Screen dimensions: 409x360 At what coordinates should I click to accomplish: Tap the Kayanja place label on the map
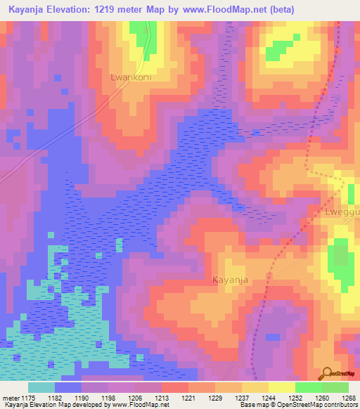point(231,280)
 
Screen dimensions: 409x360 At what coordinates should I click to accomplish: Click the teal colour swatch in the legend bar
point(41,387)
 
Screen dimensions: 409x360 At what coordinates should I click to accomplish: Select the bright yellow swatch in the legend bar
point(281,387)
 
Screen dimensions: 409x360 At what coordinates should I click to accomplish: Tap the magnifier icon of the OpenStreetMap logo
point(327,375)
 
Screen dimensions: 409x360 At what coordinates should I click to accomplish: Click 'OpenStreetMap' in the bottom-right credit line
point(304,405)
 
